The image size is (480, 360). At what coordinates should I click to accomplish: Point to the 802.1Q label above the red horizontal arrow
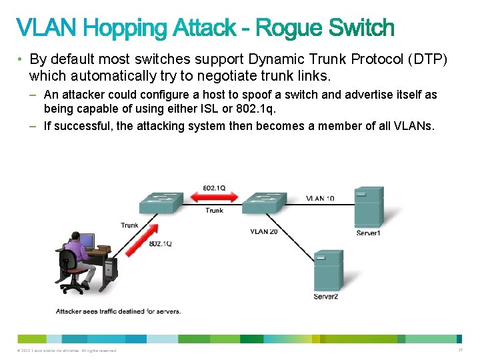(213, 189)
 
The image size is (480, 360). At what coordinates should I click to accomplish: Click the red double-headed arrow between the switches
(213, 198)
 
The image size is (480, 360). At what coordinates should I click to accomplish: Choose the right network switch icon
(265, 201)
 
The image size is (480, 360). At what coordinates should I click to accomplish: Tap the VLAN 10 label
(320, 198)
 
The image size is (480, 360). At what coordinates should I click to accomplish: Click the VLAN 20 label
(264, 231)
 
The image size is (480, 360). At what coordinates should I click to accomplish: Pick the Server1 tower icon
(368, 207)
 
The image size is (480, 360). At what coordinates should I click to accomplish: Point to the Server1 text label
(368, 233)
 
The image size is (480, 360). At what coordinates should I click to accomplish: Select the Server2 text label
(326, 296)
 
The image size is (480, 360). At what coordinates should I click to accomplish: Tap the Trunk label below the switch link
(214, 211)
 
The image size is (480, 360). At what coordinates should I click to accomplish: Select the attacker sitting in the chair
(75, 257)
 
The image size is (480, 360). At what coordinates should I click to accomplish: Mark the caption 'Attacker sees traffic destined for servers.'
(118, 311)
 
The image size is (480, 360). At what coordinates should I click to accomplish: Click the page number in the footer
(460, 350)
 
